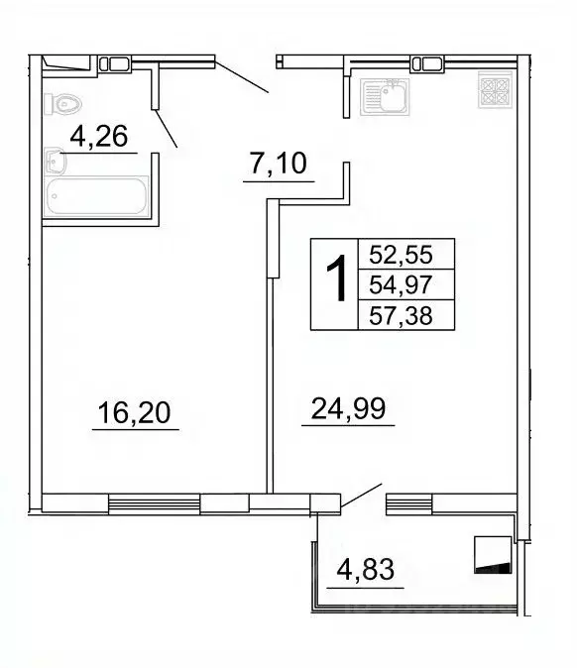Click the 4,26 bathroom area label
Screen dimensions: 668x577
click(99, 138)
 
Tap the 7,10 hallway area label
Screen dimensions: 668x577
click(279, 166)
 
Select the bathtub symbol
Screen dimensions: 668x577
click(96, 197)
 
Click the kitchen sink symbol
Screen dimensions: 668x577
click(387, 97)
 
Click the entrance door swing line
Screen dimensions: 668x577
click(241, 76)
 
